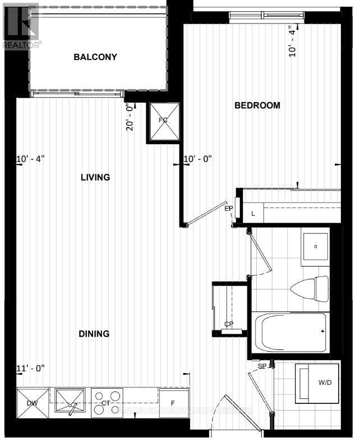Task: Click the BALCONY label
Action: tap(95, 57)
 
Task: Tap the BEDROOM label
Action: tap(257, 105)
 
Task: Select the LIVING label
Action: tap(95, 177)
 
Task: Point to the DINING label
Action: tap(94, 334)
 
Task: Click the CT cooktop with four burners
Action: tap(106, 403)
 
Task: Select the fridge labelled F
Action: tap(173, 403)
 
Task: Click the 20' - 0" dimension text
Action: tap(130, 117)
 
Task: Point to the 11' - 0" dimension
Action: tap(30, 368)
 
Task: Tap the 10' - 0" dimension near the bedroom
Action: tap(199, 159)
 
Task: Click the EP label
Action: tap(229, 209)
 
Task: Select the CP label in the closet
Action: tap(228, 324)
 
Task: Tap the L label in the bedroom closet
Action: tap(253, 214)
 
